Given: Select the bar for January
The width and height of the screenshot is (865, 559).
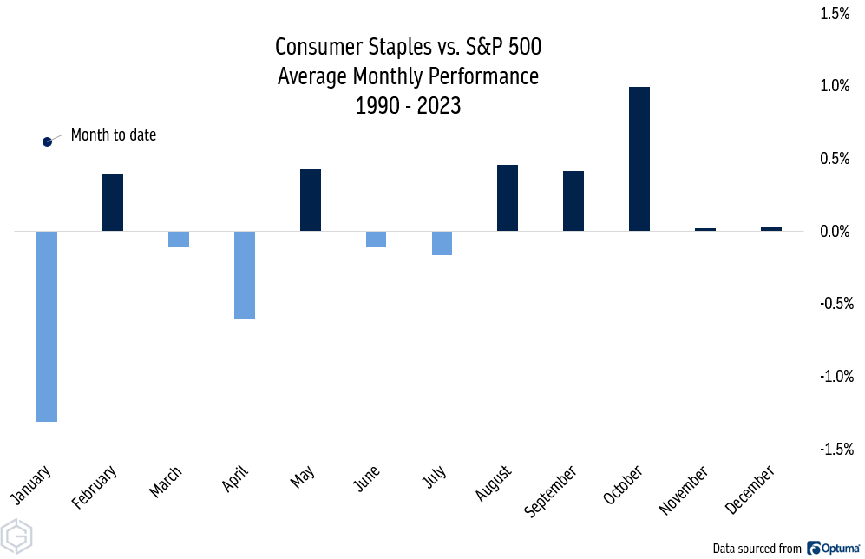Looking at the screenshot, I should (x=47, y=326).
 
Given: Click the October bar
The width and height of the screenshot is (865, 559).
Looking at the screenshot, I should (x=639, y=159).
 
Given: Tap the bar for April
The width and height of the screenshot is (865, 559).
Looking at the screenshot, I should (x=245, y=275).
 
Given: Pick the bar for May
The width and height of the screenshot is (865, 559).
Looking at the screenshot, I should (x=311, y=201).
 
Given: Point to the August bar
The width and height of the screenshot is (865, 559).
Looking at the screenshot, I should (x=508, y=198).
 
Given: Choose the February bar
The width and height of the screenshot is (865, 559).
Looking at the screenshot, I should (x=113, y=203).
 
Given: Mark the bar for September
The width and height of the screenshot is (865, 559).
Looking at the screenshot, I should (x=573, y=201).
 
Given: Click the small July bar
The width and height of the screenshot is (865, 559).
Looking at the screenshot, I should (x=442, y=243).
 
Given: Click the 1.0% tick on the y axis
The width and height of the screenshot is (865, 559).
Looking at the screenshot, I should (x=836, y=86).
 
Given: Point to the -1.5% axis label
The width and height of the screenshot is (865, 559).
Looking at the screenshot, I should (x=835, y=449).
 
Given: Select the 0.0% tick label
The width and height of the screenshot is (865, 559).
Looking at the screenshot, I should (x=836, y=231).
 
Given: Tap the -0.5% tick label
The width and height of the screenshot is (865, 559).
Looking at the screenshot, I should (x=835, y=304).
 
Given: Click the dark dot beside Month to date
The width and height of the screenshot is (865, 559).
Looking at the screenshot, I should (x=48, y=141).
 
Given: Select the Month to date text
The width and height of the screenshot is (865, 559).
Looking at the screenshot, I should (x=114, y=135).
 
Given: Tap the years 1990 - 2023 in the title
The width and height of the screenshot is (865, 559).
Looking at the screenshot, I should (x=408, y=106).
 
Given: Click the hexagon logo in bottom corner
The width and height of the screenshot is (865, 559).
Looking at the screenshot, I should (x=17, y=536).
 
